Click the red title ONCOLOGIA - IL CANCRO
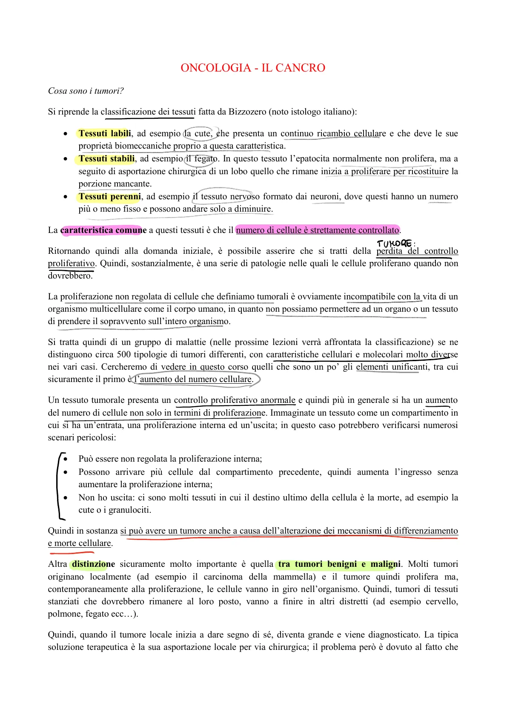[x=253, y=68]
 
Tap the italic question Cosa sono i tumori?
[x=86, y=91]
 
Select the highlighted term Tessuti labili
[x=105, y=133]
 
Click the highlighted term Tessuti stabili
[x=106, y=159]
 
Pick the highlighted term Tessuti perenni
[x=109, y=196]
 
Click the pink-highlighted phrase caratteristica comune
[x=103, y=230]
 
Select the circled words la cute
[x=197, y=134]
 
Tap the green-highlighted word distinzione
[x=93, y=564]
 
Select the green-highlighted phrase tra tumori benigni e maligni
[x=339, y=564]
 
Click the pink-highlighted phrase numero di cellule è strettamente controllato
[x=318, y=230]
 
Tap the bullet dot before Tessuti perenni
[x=65, y=197]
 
